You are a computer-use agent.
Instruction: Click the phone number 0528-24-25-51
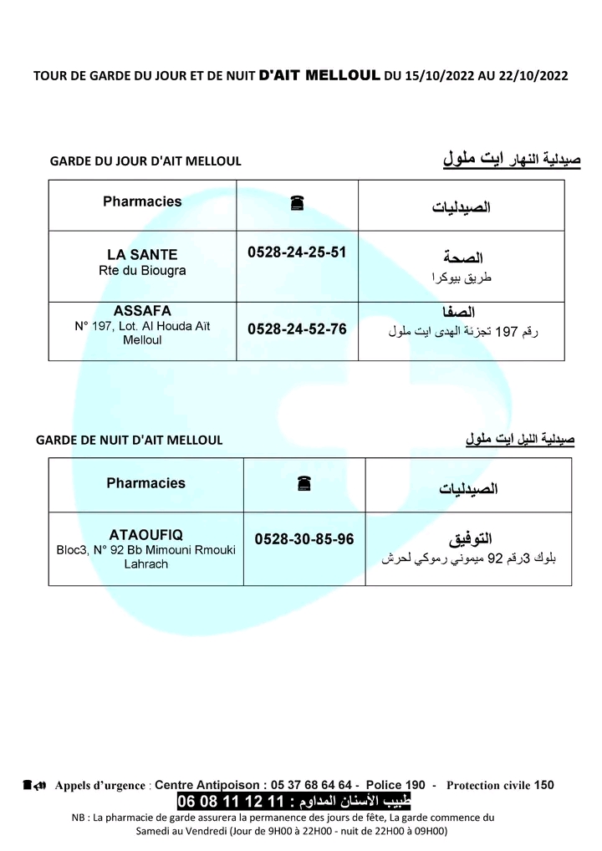click(297, 252)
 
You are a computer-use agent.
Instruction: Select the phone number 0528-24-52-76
click(297, 329)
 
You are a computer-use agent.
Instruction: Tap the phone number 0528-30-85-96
click(304, 540)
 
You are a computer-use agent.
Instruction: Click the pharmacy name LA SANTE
click(142, 254)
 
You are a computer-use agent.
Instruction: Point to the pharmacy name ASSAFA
click(142, 310)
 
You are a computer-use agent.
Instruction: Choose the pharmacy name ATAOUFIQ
click(146, 534)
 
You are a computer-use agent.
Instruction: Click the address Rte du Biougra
click(142, 271)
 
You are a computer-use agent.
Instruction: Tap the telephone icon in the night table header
click(304, 483)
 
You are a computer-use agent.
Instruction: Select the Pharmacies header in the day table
click(142, 201)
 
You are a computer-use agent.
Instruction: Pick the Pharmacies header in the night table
click(146, 483)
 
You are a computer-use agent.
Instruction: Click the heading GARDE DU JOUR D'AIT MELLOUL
click(145, 161)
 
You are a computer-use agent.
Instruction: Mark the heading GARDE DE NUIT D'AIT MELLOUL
click(130, 441)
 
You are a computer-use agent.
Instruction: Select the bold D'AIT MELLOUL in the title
click(320, 74)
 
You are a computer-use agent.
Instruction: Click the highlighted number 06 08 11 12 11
click(226, 802)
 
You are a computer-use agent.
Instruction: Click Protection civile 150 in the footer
click(500, 785)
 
